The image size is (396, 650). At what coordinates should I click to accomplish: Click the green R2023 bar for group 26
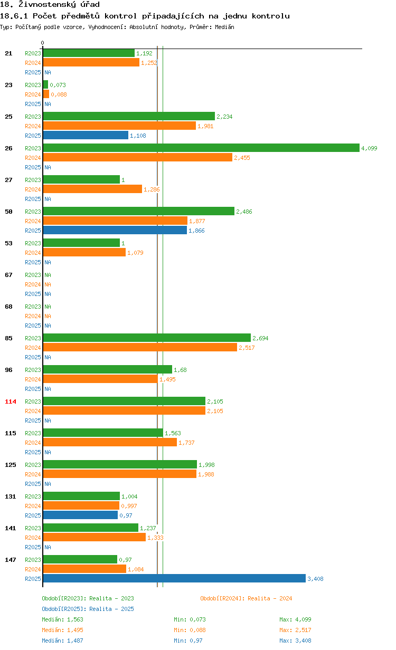pos(201,148)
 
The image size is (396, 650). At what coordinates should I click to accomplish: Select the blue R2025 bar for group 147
pos(174,578)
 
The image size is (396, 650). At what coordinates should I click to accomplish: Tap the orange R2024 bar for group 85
pos(140,347)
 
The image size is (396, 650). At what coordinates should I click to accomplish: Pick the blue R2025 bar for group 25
pos(86,135)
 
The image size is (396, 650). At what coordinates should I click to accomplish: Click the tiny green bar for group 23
pos(45,84)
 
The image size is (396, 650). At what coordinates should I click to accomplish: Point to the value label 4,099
pos(369,148)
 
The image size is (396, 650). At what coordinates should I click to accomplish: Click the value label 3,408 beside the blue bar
pos(315,579)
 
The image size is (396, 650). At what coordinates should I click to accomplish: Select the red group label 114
pos(11,402)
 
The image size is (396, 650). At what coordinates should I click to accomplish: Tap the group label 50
pos(8,212)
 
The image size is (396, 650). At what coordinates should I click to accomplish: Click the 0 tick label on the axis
pos(43,43)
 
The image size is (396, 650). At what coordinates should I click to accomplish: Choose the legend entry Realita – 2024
pos(246,598)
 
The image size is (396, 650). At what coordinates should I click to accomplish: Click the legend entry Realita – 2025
pos(88,609)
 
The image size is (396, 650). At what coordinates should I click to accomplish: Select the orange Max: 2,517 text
pos(295,630)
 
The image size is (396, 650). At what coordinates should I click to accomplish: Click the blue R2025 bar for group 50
pos(115,230)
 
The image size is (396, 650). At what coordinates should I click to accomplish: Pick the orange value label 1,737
pos(186,443)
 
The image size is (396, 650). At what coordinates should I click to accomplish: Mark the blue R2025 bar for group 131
pos(80,515)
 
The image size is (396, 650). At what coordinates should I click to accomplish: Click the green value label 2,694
pos(260,338)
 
